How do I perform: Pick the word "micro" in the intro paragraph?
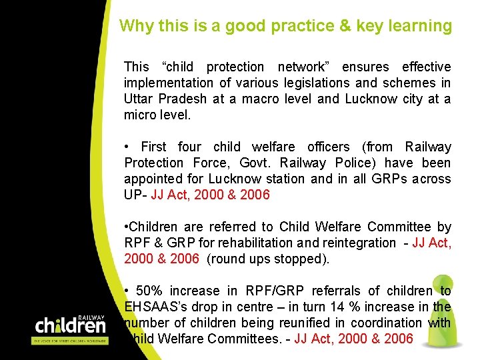pyautogui.click(x=139, y=115)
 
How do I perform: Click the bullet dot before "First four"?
pyautogui.click(x=127, y=147)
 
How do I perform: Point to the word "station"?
pyautogui.click(x=286, y=179)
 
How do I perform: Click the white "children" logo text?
pyautogui.click(x=70, y=326)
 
